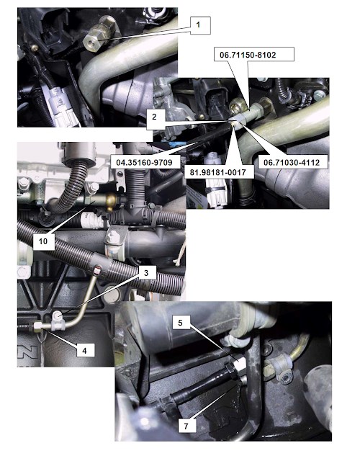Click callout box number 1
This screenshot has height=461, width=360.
pos(200,25)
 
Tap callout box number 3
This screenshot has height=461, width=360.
pos(146,273)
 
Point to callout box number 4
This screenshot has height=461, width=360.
pos(85,350)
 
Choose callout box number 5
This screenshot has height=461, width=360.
pos(181,323)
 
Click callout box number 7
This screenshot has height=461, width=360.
pos(186,426)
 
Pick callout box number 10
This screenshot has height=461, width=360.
pos(43,242)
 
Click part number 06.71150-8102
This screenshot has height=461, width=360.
pos(248,55)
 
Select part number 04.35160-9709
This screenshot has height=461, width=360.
pos(144,162)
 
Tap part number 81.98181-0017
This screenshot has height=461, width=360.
pos(217,171)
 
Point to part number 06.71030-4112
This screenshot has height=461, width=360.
pos(292,162)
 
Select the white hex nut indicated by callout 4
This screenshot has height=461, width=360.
pos(38,326)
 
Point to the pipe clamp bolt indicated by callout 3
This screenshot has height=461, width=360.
pos(57,317)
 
